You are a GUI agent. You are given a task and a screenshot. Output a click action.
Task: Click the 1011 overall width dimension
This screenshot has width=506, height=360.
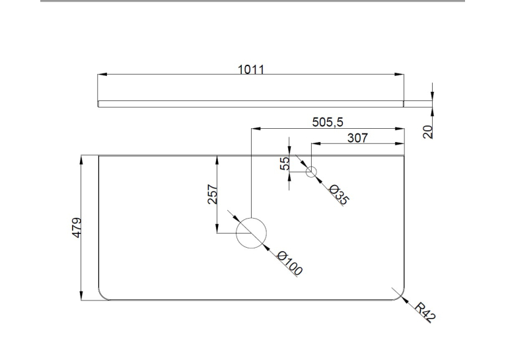(251, 69)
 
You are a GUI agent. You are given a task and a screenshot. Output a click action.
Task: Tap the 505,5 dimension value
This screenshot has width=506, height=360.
(328, 122)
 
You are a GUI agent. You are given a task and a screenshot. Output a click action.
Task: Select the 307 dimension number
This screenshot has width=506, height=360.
(357, 138)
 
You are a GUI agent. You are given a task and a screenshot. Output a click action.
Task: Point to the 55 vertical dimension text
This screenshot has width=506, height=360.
(285, 164)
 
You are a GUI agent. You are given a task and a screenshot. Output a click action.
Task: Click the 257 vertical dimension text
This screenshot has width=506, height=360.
(213, 194)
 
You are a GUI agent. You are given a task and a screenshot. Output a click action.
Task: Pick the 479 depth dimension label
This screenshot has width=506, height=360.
(77, 228)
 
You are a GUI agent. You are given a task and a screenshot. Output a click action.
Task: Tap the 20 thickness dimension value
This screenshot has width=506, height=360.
(428, 132)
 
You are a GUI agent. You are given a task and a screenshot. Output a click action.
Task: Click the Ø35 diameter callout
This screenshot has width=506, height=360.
(338, 194)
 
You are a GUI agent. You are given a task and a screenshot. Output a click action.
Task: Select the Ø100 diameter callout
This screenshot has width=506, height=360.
(290, 263)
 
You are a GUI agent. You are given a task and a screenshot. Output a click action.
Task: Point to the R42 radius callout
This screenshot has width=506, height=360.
(425, 312)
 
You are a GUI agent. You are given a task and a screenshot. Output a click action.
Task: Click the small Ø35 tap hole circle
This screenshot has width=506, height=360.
(311, 166)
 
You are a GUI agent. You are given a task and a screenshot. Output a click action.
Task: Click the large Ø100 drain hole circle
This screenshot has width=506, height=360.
(252, 218)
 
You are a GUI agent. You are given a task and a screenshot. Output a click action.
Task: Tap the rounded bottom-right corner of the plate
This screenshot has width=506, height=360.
(400, 296)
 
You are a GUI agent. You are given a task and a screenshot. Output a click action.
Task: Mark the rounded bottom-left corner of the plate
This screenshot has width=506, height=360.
(102, 296)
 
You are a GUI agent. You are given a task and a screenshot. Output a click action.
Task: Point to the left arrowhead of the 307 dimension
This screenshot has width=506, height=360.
(316, 143)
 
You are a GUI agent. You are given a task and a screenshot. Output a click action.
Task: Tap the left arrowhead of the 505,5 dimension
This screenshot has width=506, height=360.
(256, 129)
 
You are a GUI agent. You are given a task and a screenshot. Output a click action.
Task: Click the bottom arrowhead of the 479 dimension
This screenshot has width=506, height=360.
(81, 295)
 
